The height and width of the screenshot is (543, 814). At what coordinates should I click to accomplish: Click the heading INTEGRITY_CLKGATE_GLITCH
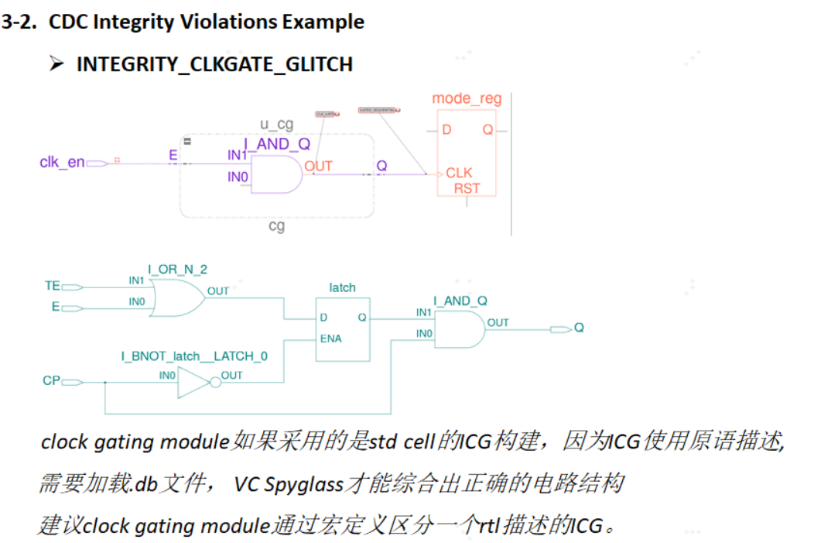(x=214, y=64)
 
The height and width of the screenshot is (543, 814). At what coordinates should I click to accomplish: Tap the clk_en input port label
(x=62, y=163)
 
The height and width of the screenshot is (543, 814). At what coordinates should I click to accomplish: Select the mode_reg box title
(x=467, y=98)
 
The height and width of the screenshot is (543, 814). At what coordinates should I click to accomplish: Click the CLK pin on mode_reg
(x=459, y=174)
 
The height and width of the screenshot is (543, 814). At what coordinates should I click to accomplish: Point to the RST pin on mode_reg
(x=467, y=188)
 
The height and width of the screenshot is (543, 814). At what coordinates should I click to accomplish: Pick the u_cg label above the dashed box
(x=276, y=125)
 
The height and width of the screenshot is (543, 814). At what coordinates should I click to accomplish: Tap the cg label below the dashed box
(x=276, y=226)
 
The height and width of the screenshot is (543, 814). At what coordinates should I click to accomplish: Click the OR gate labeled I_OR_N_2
(x=176, y=296)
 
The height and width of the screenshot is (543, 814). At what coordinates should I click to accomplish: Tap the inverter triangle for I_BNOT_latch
(x=193, y=382)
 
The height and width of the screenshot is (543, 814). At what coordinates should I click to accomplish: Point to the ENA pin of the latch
(x=330, y=339)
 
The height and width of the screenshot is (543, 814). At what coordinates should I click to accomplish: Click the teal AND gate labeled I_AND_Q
(x=458, y=330)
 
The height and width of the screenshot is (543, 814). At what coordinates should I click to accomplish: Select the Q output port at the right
(x=578, y=328)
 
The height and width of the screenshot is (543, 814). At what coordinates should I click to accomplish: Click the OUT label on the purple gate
(x=318, y=166)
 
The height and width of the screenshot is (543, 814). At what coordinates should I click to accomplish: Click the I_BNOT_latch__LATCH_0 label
(x=194, y=356)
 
